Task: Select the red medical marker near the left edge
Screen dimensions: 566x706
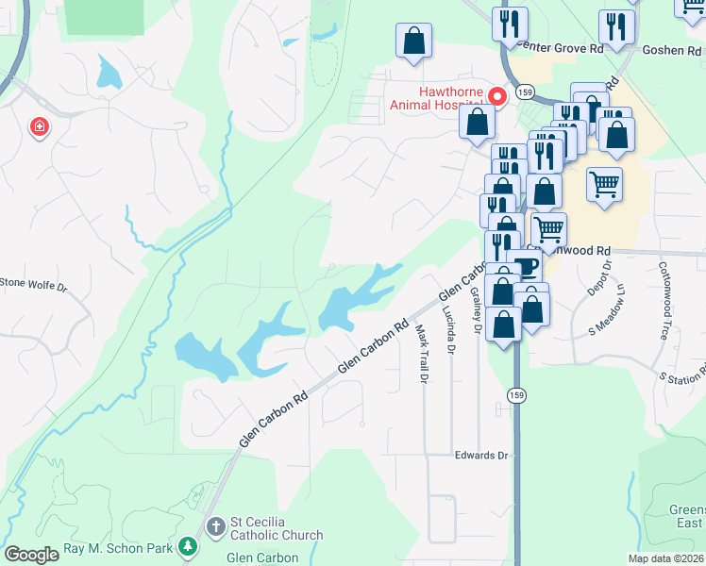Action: tap(39, 126)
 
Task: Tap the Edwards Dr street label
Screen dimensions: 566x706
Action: tap(481, 456)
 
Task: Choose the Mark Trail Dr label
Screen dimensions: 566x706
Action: tap(423, 353)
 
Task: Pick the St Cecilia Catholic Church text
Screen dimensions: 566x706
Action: tap(277, 528)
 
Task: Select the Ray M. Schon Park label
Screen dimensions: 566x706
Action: tap(120, 548)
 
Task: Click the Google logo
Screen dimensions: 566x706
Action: tap(32, 555)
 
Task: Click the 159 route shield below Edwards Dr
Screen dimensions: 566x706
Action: tap(515, 394)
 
